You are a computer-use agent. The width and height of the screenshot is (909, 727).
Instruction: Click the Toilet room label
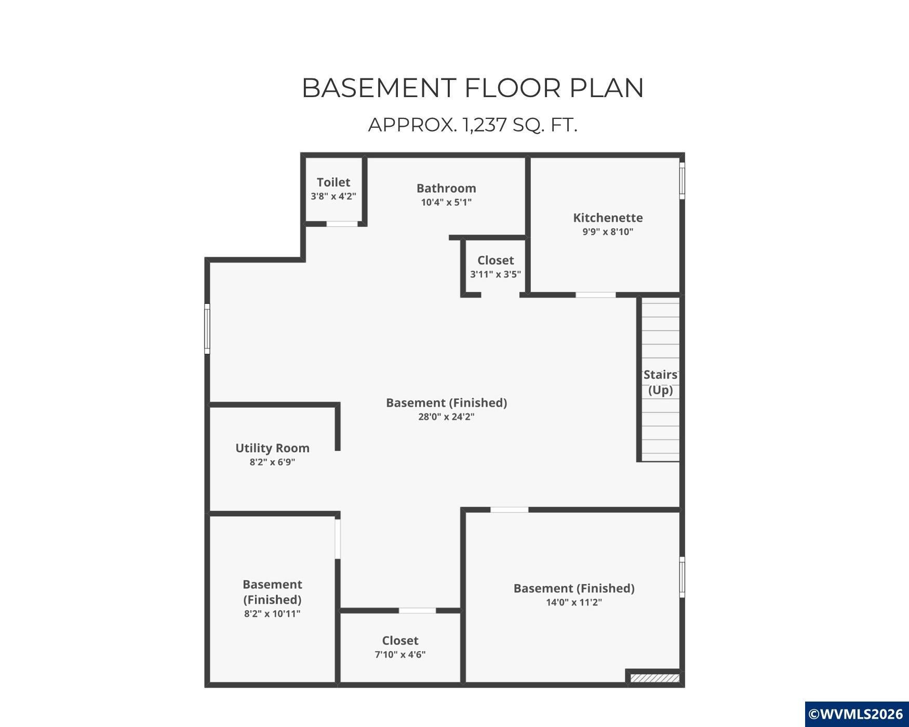point(333,182)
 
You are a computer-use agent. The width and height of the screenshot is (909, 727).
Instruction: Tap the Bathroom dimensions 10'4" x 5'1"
point(446,202)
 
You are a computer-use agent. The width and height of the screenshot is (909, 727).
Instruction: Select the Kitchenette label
point(608,218)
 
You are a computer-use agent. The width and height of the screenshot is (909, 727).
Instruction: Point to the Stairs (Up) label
point(660,382)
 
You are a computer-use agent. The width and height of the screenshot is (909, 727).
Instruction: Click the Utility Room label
point(272,448)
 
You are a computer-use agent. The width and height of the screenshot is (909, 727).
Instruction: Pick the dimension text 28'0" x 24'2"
point(446,416)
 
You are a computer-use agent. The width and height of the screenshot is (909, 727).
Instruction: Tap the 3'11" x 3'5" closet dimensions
point(496,274)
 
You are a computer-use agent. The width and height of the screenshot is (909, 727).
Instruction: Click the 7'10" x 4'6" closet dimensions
point(400,654)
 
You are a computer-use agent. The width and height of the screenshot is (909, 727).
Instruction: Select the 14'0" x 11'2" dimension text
point(574,602)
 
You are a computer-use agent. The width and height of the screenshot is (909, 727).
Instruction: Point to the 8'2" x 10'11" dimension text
point(272,614)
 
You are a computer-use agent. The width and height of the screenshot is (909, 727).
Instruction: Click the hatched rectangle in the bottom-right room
point(654,678)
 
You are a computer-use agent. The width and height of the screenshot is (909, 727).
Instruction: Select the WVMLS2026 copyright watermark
point(856,714)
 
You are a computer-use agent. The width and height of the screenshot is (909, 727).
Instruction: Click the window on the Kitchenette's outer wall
point(682,181)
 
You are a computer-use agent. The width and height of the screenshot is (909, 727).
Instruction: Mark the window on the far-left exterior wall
point(207,329)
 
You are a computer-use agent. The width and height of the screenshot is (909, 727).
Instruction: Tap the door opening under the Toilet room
point(342,224)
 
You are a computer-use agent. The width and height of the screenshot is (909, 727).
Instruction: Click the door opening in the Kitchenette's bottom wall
point(596,295)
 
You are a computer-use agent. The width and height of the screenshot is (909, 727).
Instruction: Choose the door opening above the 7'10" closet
point(417,610)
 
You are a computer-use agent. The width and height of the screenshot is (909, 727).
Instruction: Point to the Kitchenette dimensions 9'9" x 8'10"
point(608,232)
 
